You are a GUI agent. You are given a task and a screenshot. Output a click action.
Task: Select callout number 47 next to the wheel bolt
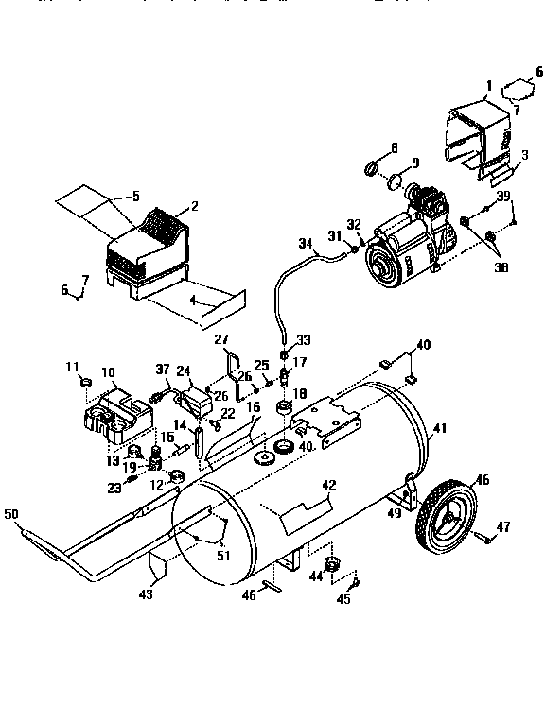click(x=504, y=525)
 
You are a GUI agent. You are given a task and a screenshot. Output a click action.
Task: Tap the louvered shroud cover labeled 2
click(x=146, y=250)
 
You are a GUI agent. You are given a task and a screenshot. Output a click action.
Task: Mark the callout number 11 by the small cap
click(x=73, y=366)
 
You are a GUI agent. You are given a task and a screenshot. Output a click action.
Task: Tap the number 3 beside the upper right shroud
click(x=525, y=154)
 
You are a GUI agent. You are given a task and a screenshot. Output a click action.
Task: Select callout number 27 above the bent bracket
click(x=221, y=339)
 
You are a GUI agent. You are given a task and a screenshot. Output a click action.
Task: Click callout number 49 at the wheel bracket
click(x=394, y=514)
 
